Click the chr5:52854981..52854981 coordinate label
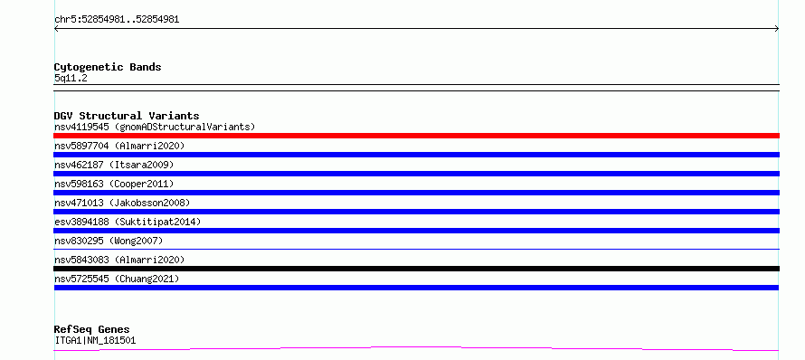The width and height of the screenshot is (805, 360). tap(117, 20)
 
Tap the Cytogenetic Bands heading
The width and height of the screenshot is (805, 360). tap(108, 67)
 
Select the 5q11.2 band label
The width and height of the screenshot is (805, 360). tap(71, 79)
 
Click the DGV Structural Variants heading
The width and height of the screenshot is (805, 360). tap(127, 116)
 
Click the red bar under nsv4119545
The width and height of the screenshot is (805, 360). tap(416, 136)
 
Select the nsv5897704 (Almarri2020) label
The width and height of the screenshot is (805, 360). tap(119, 146)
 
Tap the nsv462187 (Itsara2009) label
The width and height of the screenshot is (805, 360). tap(114, 165)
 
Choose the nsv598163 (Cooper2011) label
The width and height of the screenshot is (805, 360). tap(114, 184)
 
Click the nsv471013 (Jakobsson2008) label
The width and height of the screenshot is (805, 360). tap(122, 203)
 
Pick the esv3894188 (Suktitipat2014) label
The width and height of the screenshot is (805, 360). tap(128, 222)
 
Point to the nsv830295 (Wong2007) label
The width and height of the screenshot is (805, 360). tap(109, 241)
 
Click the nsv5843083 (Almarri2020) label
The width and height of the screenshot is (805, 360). tap(119, 260)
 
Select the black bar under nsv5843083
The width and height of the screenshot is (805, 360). tap(416, 269)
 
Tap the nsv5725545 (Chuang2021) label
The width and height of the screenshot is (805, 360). tap(117, 279)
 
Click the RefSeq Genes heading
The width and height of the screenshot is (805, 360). tap(92, 329)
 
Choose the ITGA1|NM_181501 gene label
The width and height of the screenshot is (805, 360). tap(95, 340)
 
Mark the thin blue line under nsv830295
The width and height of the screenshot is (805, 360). tap(416, 249)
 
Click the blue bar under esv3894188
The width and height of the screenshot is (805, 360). tap(416, 231)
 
